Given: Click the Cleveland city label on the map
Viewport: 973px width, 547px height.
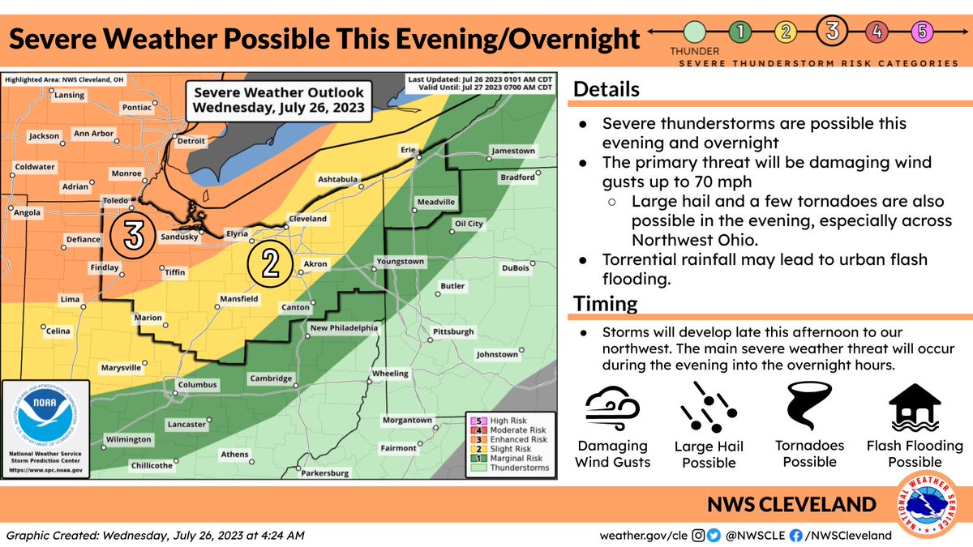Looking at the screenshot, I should pos(307,219).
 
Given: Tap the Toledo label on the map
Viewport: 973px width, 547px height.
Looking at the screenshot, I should pos(117,199).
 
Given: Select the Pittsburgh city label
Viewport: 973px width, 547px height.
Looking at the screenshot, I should pos(453,332).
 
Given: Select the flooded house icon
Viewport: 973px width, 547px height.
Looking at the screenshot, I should pos(914,408).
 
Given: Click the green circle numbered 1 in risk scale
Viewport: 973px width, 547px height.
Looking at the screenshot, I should pos(740,33).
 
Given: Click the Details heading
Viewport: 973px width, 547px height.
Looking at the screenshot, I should pos(607,89).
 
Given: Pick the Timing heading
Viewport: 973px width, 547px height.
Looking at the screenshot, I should pos(605,304).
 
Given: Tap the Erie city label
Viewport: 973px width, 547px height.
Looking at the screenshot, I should pos(407,150).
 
